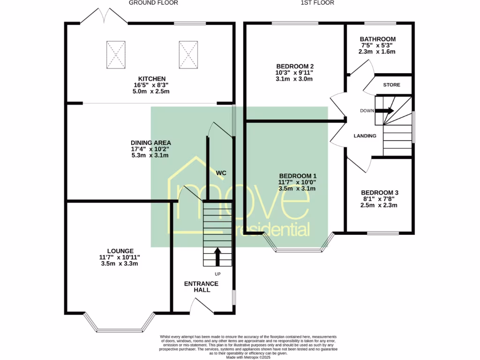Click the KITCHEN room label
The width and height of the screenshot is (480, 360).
click(151, 78)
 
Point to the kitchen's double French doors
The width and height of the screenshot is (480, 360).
click(104, 16)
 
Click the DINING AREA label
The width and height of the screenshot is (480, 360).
click(151, 142)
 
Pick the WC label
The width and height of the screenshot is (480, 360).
click(221, 173)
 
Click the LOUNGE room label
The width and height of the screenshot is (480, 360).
click(120, 251)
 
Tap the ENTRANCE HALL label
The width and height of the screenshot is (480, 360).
click(201, 286)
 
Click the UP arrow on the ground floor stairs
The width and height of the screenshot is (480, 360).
click(217, 257)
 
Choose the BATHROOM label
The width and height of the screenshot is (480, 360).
click(377, 39)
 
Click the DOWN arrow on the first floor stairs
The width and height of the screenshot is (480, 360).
click(387, 111)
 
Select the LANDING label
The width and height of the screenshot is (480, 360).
click(365, 136)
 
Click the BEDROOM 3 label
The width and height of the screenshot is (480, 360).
click(379, 193)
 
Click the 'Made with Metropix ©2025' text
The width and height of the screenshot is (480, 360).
click(248, 357)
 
